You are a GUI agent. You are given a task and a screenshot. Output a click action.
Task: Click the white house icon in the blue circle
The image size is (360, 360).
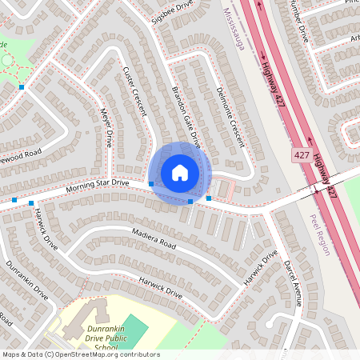180,173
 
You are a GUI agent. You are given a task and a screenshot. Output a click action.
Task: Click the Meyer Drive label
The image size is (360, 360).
103,129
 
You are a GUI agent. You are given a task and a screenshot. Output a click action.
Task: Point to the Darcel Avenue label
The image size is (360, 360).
294,281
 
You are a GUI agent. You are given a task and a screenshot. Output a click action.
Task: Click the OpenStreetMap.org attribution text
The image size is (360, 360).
112,354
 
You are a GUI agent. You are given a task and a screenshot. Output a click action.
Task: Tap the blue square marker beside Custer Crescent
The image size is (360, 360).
151,184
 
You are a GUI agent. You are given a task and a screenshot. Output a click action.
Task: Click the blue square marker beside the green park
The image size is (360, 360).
22,86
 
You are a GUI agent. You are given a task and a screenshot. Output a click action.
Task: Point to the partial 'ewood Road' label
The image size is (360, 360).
20,153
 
